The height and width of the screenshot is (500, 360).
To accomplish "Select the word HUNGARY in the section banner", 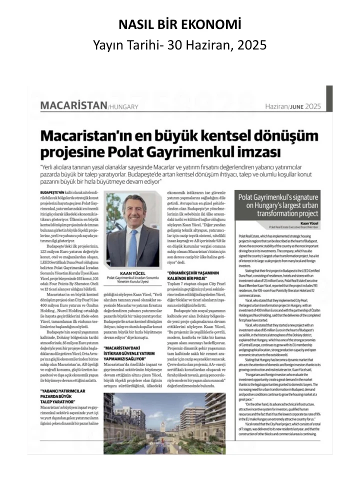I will pos(124,106).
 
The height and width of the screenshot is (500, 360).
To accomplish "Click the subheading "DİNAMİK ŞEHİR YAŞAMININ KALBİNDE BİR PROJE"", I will pos(195,276).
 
